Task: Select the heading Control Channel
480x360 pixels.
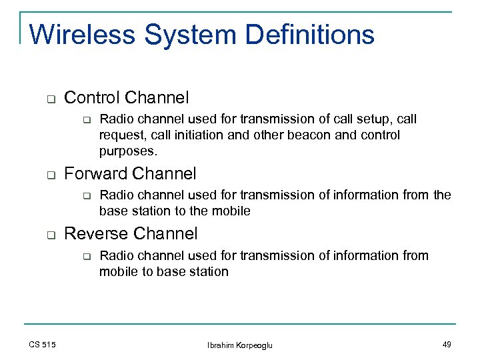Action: coord(126,98)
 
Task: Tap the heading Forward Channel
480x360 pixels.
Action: coord(130,174)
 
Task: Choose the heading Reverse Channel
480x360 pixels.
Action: coord(131,234)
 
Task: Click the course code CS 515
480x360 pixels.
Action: coord(43,344)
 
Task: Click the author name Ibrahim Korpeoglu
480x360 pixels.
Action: coord(240,345)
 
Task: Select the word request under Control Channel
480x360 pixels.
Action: coord(120,135)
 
